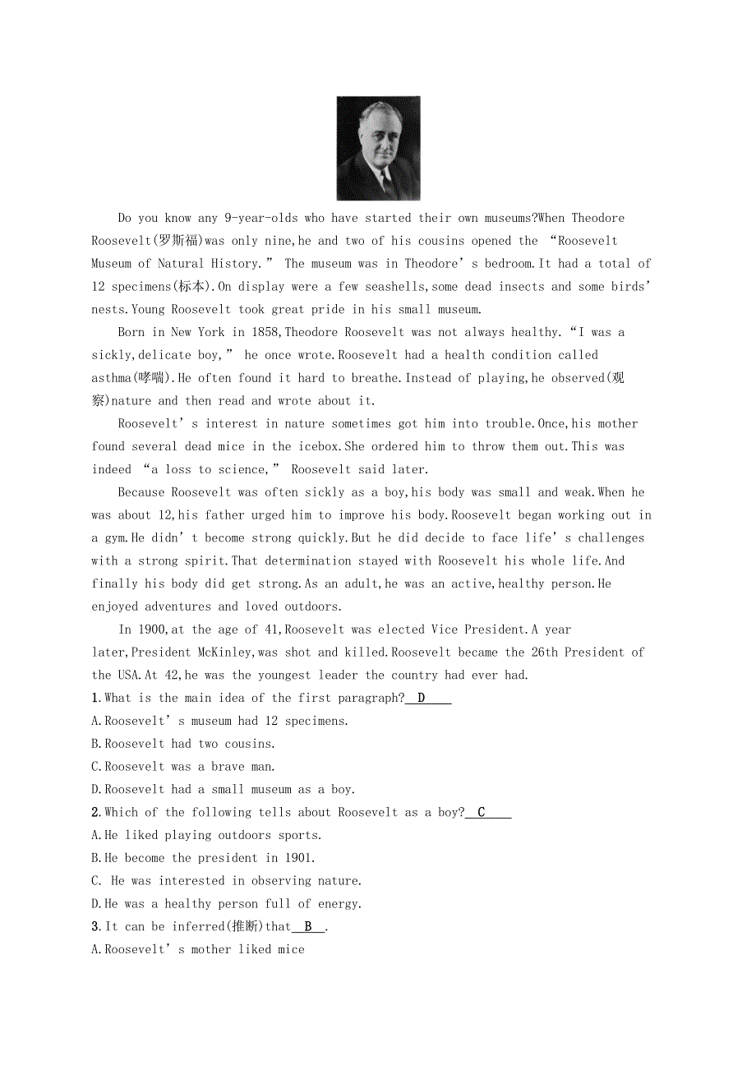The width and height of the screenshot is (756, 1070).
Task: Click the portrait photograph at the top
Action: pyautogui.click(x=378, y=148)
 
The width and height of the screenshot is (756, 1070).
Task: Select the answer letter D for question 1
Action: pyautogui.click(x=421, y=698)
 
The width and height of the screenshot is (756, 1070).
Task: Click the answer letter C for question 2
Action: pyautogui.click(x=482, y=812)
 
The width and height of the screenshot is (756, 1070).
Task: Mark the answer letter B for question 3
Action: pyautogui.click(x=308, y=926)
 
